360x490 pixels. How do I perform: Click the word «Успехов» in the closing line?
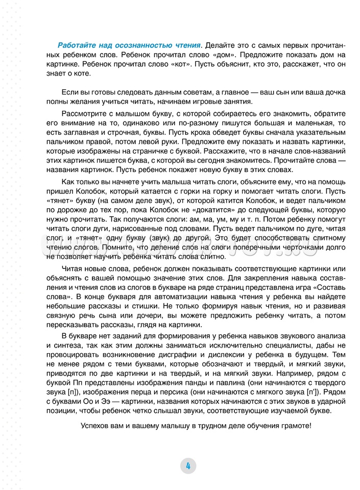pos(94,427)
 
